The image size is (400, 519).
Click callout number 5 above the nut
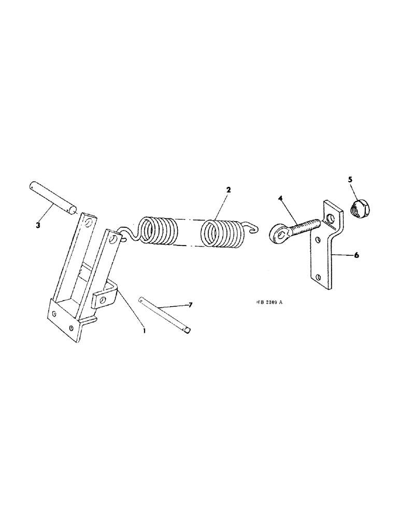click(350, 180)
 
